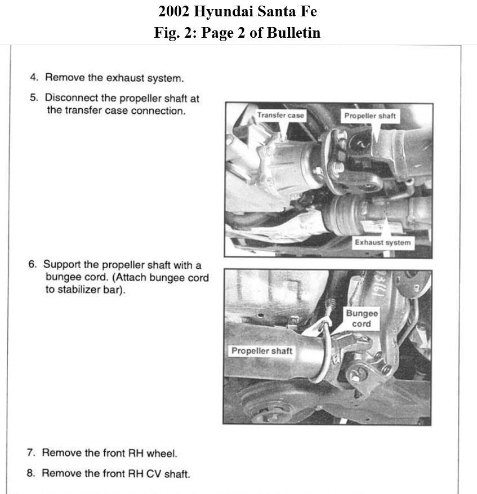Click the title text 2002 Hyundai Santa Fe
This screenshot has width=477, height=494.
click(238, 11)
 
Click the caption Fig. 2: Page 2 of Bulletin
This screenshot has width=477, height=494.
click(238, 33)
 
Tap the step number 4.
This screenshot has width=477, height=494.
click(34, 77)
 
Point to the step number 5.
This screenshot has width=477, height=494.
click(34, 97)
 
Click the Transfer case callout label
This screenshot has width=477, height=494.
click(280, 115)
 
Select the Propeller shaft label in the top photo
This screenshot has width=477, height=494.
click(370, 116)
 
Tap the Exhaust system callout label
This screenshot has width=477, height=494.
click(382, 243)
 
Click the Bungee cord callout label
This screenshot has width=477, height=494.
click(362, 318)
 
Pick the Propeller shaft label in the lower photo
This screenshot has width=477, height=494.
click(262, 351)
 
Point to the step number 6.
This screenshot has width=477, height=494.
click(33, 264)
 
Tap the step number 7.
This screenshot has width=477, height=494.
click(31, 452)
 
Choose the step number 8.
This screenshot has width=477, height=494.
click(31, 473)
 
